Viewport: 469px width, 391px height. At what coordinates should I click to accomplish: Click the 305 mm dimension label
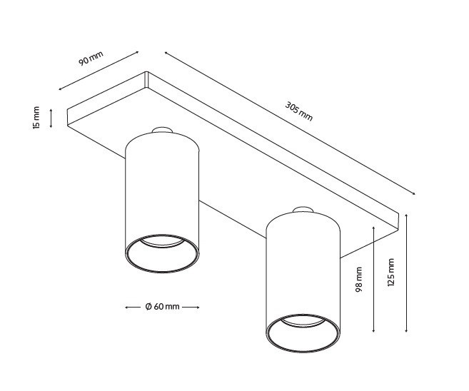tap(299, 111)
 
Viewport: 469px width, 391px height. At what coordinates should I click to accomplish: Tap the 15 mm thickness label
tap(36, 118)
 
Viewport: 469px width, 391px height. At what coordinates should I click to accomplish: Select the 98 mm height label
tap(359, 279)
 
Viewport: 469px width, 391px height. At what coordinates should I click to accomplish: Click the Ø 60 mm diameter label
tap(162, 307)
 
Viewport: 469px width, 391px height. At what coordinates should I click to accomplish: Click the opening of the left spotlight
tap(162, 253)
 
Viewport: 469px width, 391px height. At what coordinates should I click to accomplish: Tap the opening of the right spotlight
tap(303, 331)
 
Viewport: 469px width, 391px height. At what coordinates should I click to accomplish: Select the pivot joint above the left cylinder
tap(162, 131)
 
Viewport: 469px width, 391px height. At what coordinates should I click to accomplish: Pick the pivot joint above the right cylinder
tap(303, 209)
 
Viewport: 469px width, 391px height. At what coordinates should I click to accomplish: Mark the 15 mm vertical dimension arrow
tap(51, 118)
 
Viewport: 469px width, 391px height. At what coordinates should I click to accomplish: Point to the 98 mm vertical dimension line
tap(374, 279)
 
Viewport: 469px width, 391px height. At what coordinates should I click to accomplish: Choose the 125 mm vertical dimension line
tap(405, 272)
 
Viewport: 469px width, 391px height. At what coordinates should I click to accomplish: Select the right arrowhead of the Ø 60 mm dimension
tap(198, 307)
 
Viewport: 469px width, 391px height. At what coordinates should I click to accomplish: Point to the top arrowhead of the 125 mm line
tap(405, 214)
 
